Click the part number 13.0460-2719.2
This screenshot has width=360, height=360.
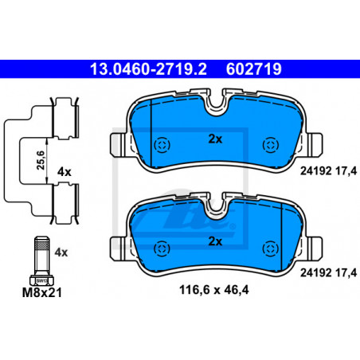[x=148, y=69]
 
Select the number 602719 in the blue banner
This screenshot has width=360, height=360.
[x=253, y=69]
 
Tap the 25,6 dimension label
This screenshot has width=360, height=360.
[x=41, y=160]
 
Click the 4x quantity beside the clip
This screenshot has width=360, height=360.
[x=65, y=172]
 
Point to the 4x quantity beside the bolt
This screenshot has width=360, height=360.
[x=61, y=252]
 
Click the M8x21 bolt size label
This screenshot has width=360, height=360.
[x=42, y=292]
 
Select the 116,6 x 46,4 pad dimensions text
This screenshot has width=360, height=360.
[x=214, y=290]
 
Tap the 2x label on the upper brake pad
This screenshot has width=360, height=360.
[x=215, y=139]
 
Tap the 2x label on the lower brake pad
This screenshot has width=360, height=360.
[x=215, y=241]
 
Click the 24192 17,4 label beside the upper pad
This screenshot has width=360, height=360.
[x=328, y=171]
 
